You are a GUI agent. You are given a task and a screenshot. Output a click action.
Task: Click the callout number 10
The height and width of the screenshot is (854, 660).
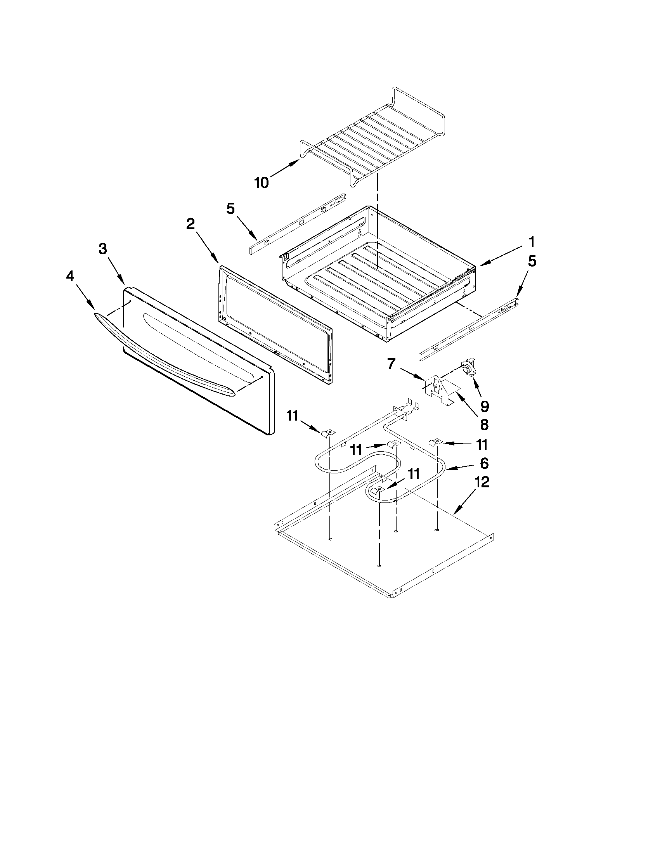point(261,183)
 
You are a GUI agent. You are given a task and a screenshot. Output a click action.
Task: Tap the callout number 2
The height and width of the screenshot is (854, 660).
point(190,224)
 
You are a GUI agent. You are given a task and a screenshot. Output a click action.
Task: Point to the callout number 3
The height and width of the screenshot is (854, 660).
point(102,249)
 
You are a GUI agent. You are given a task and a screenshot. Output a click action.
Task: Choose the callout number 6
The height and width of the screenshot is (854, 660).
point(484,463)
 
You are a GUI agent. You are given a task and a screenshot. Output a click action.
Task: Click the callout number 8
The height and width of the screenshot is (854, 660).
point(484,424)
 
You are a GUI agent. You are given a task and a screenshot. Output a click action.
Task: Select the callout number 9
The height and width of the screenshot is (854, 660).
point(485,407)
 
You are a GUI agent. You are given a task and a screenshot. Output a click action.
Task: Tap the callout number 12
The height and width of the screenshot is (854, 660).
point(482,483)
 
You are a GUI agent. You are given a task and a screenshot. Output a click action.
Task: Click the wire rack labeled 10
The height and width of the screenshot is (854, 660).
point(371,141)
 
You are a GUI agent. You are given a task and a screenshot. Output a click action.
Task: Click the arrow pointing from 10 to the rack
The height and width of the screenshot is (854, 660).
point(282,170)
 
